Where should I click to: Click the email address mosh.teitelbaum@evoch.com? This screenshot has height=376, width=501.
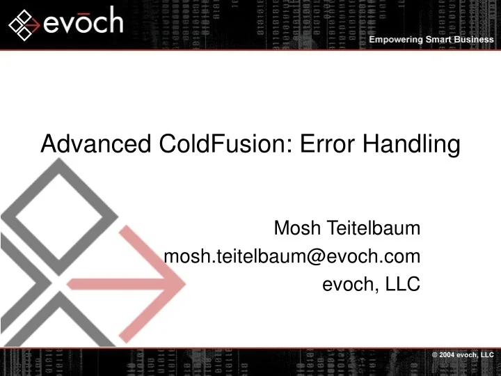click(x=292, y=256)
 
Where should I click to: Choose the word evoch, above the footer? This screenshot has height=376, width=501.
click(x=346, y=284)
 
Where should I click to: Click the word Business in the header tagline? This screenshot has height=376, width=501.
click(x=475, y=40)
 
